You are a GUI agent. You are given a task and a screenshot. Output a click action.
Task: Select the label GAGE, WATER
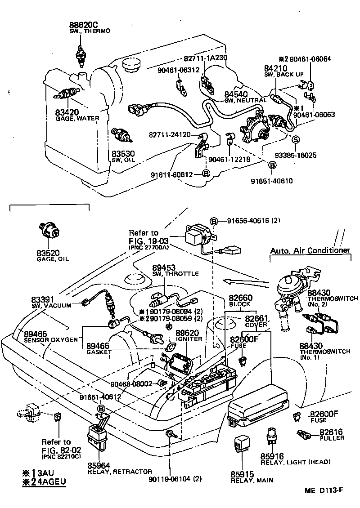[x=77, y=118]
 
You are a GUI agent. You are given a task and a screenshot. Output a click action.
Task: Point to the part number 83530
[x=123, y=154]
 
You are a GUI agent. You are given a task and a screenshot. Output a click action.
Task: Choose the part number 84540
[x=236, y=94]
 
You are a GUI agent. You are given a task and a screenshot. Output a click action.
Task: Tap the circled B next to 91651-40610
[x=272, y=165]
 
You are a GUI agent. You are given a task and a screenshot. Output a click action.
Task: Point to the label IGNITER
[x=189, y=339]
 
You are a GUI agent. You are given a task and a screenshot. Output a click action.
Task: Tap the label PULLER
[x=332, y=438]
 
